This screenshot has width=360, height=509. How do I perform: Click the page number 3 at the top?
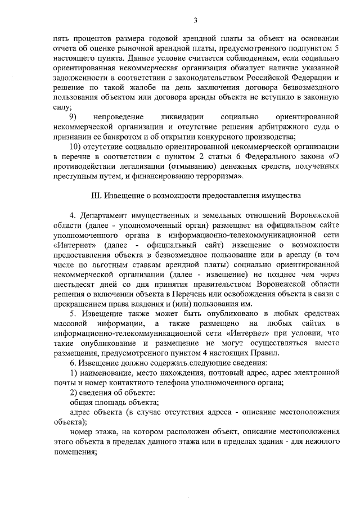tap(195, 21)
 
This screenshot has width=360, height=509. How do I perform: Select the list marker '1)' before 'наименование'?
tap(73, 372)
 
